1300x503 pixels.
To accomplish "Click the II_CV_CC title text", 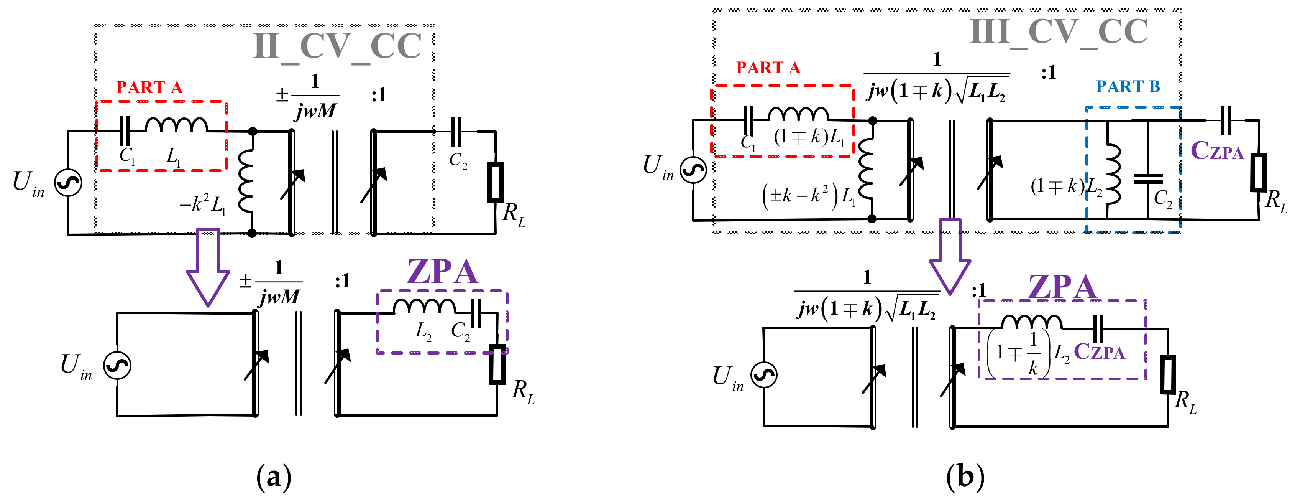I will tap(337, 47).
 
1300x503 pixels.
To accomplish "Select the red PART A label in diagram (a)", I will tap(149, 87).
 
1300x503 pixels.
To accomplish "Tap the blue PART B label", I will tap(1128, 86).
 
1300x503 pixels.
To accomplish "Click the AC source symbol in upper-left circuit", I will tap(68, 182).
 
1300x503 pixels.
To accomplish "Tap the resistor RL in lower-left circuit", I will tap(497, 364).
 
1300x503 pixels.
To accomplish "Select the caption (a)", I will tap(274, 476).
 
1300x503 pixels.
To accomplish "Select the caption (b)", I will tap(965, 476).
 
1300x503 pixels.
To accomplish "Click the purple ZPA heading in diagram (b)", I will tap(1062, 287).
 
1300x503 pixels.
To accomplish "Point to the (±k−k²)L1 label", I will tap(809, 196).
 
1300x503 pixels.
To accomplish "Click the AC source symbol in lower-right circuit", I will tap(764, 375).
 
